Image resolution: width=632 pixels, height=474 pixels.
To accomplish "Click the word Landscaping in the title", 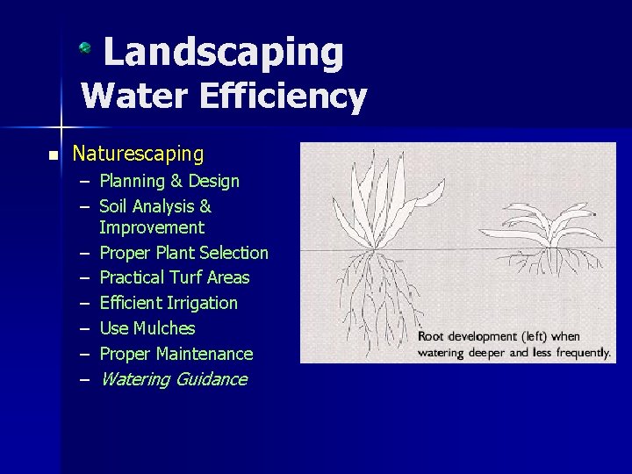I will pos(223,53).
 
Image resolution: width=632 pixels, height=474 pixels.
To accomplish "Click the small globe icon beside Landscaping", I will pos(85,48).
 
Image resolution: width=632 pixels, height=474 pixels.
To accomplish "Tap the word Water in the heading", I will pos(135,97).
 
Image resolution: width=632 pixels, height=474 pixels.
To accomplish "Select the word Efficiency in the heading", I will pos(283,97).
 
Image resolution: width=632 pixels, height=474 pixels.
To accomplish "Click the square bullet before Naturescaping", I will pos(53,156).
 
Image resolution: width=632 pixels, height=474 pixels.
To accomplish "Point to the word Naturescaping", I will pos(138,154).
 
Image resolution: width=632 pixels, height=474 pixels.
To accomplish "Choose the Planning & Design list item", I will pos(169,182).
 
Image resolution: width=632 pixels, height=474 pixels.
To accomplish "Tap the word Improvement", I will pos(152,228).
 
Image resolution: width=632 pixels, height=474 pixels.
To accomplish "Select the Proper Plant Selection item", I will pos(183,253).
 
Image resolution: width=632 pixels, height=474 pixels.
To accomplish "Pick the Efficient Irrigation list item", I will pos(169,303).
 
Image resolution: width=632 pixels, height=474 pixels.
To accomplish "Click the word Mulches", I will pos(164,328).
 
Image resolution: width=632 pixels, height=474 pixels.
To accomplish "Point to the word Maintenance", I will pos(205,354).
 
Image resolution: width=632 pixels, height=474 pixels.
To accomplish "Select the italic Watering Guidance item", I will pos(173,379).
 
